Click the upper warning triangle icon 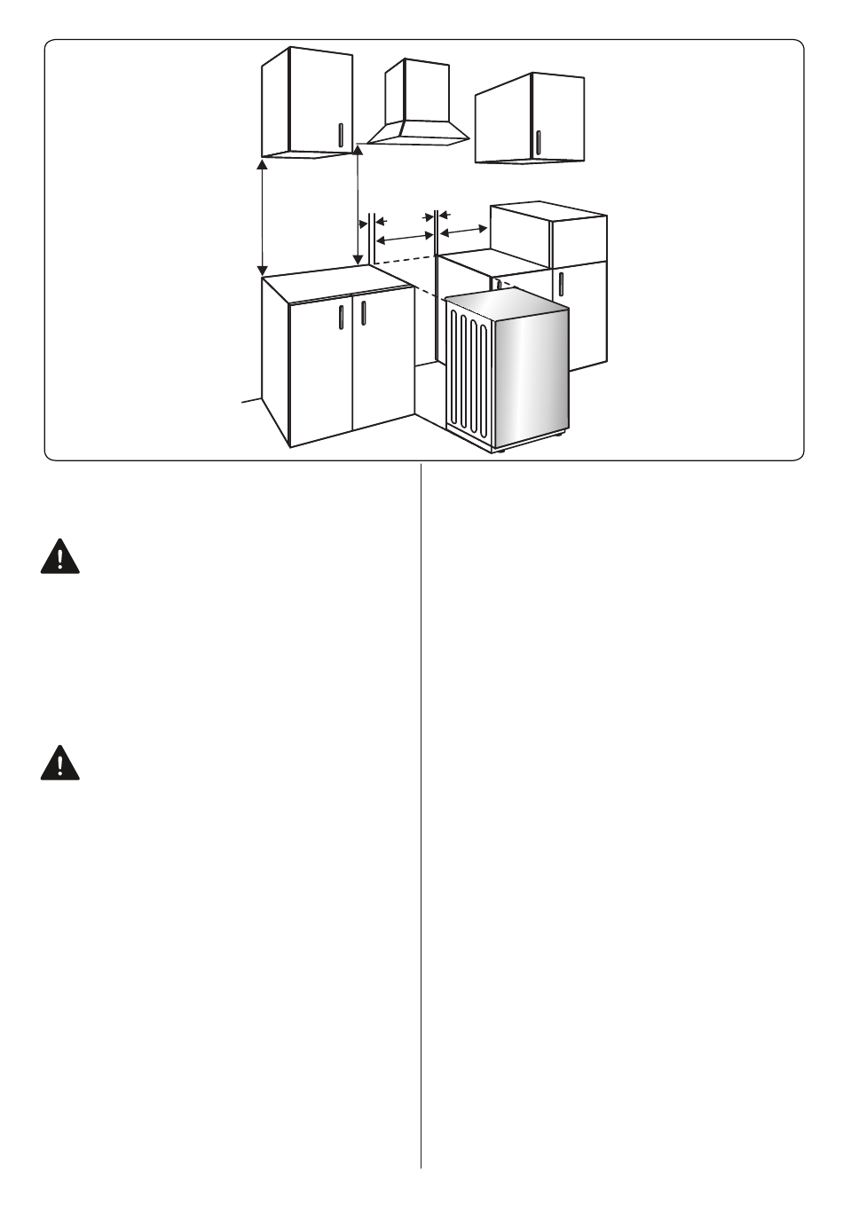(59, 558)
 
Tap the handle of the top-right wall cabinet (538, 142)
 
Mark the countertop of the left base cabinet (337, 282)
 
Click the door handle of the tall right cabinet (563, 286)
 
